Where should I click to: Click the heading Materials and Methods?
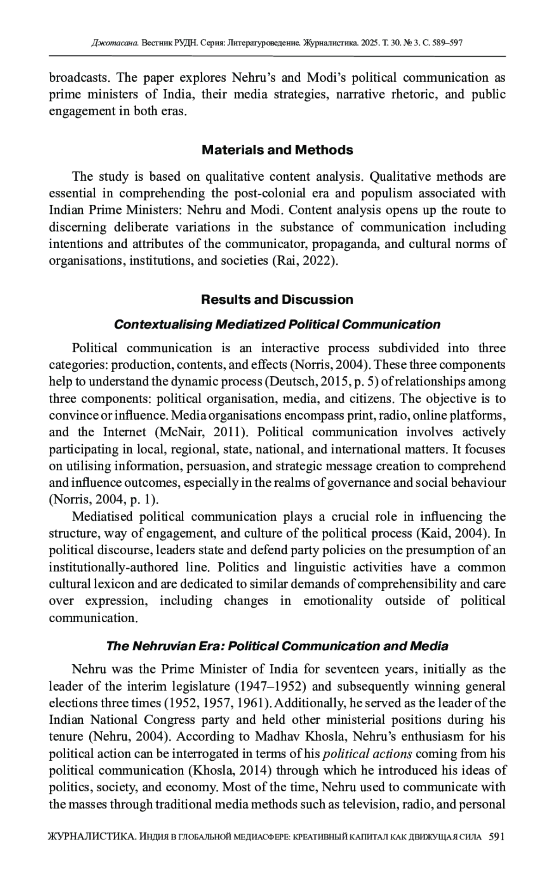[x=277, y=150]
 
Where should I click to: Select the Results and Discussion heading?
[x=277, y=300]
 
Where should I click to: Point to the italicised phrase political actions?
[x=367, y=753]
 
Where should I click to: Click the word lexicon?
[x=116, y=584]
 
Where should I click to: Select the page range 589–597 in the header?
[x=447, y=43]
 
